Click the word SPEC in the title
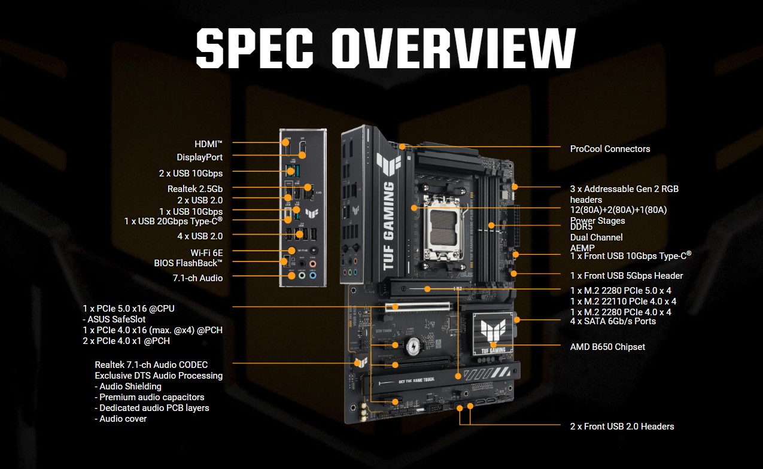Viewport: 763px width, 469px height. [x=255, y=48]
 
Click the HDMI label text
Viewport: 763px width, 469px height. [x=208, y=144]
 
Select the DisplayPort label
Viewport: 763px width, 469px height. [x=199, y=157]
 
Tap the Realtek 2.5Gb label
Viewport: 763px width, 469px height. [x=195, y=188]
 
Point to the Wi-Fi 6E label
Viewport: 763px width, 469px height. [x=206, y=252]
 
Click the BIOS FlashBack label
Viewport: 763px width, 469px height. [x=188, y=263]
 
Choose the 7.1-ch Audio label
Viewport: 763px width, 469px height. [x=197, y=278]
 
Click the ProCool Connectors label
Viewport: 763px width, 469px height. [x=610, y=149]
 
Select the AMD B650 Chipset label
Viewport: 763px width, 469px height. [x=607, y=347]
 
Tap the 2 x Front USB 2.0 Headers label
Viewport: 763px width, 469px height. [x=622, y=427]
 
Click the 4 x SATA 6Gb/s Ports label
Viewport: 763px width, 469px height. [x=613, y=321]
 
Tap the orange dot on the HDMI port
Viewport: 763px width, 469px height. [x=285, y=142]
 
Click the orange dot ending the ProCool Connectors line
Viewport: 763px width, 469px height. [x=402, y=147]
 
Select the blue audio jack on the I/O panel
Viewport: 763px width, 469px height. [x=313, y=275]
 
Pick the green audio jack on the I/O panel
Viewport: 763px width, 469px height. [x=302, y=275]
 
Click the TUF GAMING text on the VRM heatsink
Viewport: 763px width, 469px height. [x=388, y=226]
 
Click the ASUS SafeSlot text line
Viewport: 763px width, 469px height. [x=114, y=319]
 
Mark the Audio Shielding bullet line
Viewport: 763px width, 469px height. [x=128, y=386]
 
